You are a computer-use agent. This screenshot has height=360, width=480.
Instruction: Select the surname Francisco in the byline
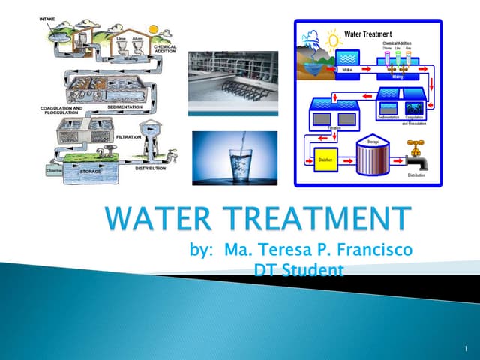pos(367,250)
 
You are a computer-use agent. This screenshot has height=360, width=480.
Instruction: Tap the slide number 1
pos(466,349)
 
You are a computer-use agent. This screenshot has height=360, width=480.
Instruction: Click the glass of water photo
pos(234,157)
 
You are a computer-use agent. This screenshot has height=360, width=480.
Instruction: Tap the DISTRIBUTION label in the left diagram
pos(151,169)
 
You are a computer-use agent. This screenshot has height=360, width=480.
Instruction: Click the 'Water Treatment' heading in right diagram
pos(368,34)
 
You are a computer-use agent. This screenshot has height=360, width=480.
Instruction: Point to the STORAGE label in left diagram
pos(91,172)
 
